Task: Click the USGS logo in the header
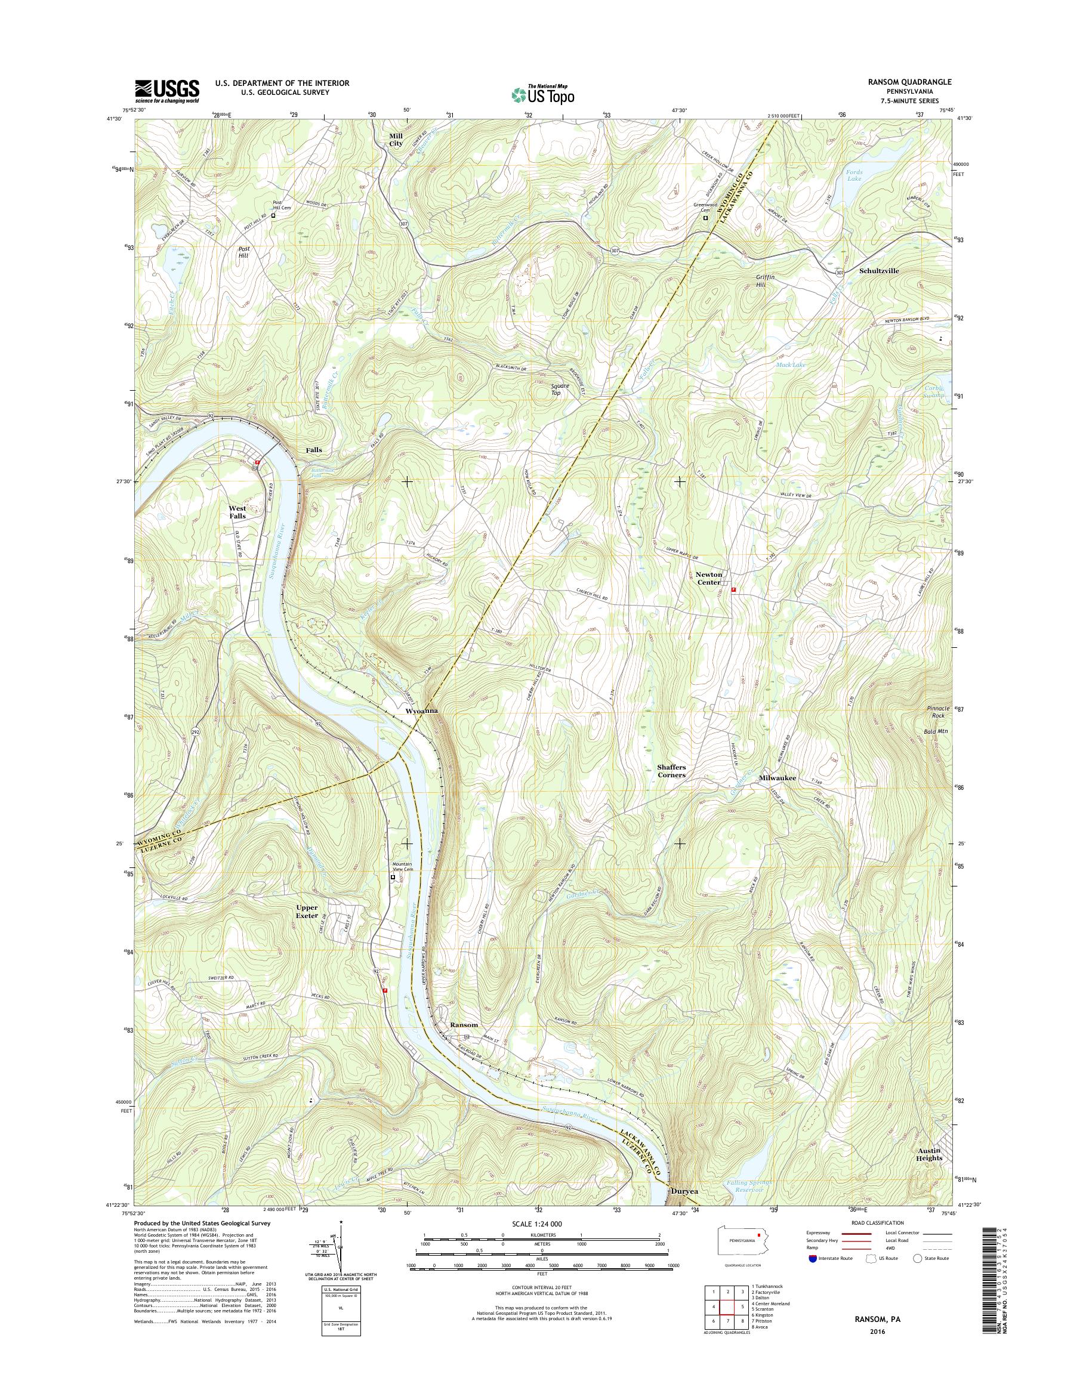click(166, 91)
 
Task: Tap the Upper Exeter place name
click(307, 912)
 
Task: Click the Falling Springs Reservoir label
click(748, 1187)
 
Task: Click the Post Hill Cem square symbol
click(273, 215)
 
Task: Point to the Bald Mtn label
click(935, 732)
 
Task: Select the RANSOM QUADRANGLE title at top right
click(911, 82)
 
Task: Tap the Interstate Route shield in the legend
click(812, 1259)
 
